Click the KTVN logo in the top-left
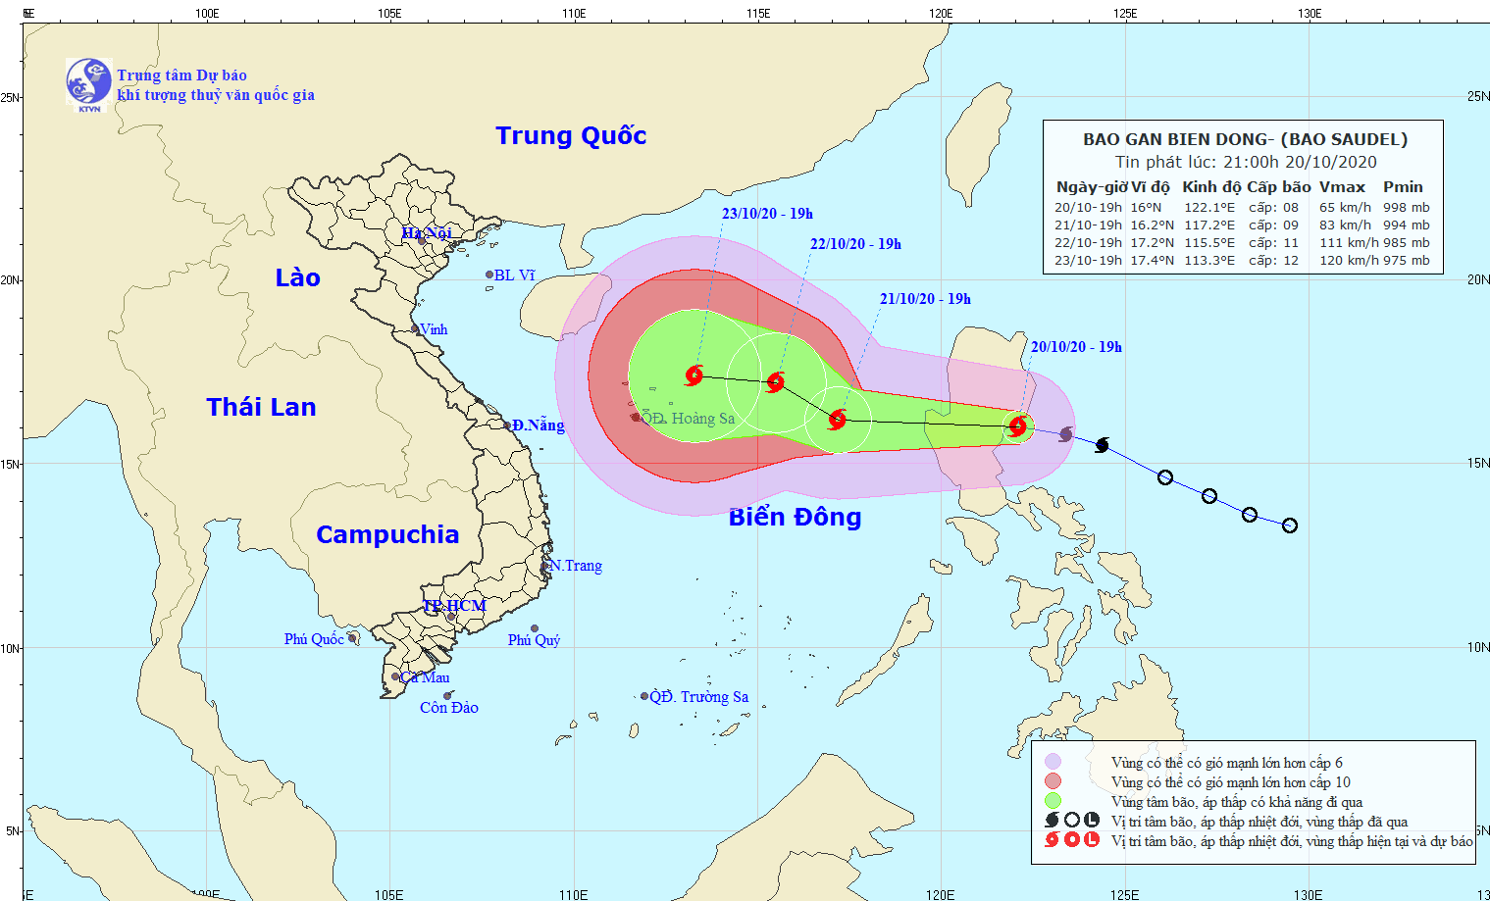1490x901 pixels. point(88,82)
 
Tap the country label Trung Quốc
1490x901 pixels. point(571,135)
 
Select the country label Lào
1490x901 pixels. point(297,277)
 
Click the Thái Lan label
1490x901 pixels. point(261,407)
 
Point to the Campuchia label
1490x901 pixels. point(387,534)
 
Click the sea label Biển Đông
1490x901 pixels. point(795,517)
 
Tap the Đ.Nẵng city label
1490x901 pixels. point(539,425)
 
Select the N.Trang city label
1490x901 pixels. point(576,566)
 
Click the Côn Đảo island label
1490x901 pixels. point(449,707)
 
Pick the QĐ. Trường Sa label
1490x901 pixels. point(699,697)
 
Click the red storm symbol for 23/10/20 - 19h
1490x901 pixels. point(694,375)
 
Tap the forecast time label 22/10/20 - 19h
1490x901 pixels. point(855,244)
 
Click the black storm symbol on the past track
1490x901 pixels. point(1102,445)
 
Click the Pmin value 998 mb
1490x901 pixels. point(1407,208)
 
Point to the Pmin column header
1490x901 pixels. point(1403,186)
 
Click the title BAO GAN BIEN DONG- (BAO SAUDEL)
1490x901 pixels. point(1245,139)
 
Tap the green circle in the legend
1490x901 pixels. point(1053,801)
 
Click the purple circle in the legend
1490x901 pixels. point(1053,762)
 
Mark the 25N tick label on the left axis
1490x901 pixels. point(10,97)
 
